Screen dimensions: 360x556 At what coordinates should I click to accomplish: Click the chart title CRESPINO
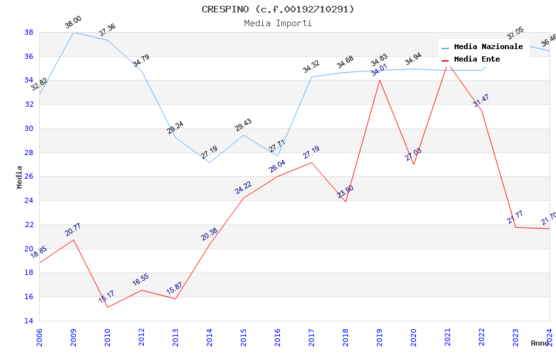278,9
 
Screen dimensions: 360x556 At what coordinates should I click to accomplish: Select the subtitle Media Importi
278,23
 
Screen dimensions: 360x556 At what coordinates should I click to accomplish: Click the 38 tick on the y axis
29,32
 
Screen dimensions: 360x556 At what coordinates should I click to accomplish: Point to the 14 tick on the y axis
29,321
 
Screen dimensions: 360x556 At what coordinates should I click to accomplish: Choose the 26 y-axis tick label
29,177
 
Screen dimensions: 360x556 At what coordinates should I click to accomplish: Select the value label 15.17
107,297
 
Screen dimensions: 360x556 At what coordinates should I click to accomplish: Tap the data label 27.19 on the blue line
209,153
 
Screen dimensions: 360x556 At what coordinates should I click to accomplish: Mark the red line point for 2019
379,80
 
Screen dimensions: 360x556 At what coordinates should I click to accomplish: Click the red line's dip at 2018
345,202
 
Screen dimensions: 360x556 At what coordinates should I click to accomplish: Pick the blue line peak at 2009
73,32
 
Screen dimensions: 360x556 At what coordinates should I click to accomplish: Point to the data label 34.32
311,67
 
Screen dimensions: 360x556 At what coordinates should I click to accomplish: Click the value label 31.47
481,101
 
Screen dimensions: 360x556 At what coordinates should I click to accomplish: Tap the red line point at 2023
515,227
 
